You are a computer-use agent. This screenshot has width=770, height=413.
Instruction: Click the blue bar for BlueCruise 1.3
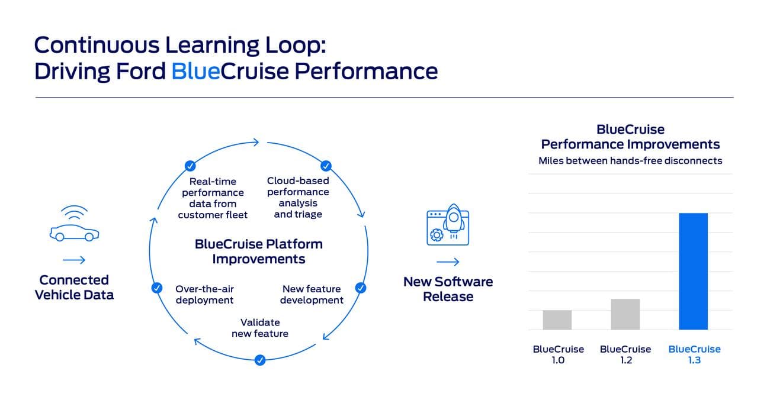pyautogui.click(x=693, y=271)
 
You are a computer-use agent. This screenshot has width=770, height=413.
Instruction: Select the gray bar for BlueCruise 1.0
pyautogui.click(x=557, y=320)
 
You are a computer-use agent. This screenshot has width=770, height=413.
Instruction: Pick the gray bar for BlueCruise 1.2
pyautogui.click(x=625, y=314)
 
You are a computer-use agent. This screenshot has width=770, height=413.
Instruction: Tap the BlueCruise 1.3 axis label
pyautogui.click(x=694, y=354)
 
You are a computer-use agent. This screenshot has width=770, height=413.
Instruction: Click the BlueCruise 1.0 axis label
pyautogui.click(x=558, y=354)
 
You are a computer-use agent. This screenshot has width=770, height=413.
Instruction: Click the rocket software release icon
pyautogui.click(x=448, y=227)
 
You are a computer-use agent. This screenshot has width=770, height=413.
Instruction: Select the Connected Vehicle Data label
pyautogui.click(x=74, y=287)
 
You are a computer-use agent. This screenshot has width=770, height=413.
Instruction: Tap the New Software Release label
pyautogui.click(x=448, y=289)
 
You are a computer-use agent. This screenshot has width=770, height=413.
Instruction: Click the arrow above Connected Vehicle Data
pyautogui.click(x=74, y=260)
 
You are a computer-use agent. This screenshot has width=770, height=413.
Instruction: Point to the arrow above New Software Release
pyautogui.click(x=448, y=262)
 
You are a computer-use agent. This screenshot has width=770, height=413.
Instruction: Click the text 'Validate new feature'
pyautogui.click(x=260, y=328)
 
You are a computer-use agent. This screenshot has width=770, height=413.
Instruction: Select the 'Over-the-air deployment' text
pyautogui.click(x=204, y=294)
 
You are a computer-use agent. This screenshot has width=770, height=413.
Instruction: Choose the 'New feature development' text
pyautogui.click(x=312, y=294)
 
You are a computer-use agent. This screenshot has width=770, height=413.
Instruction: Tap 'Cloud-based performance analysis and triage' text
pyautogui.click(x=298, y=197)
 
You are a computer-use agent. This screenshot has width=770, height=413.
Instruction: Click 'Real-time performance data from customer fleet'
pyautogui.click(x=213, y=198)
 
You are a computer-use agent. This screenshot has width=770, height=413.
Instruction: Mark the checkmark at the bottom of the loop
pyautogui.click(x=259, y=360)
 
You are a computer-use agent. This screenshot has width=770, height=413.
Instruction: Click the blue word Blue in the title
pyautogui.click(x=195, y=71)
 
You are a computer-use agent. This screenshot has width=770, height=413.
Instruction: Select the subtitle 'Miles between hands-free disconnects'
pyautogui.click(x=630, y=160)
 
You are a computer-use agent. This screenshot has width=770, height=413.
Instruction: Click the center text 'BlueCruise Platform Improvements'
pyautogui.click(x=259, y=251)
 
